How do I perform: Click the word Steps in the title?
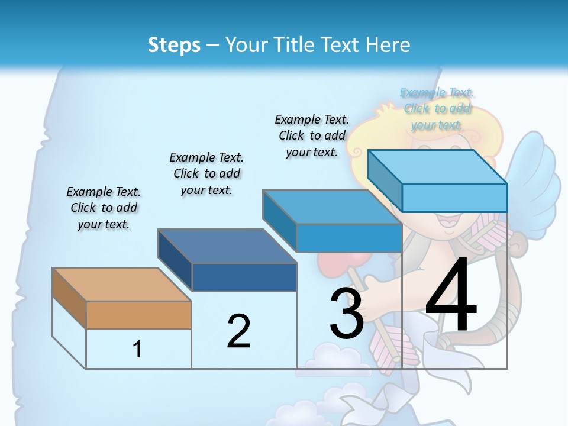tap(174, 45)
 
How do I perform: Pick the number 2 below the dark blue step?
tap(238, 331)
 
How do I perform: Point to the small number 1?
tap(137, 349)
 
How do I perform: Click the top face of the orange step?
tap(121, 285)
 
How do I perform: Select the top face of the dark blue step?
tap(227, 246)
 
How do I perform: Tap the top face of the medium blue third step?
tap(332, 207)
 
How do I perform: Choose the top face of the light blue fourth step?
tap(437, 167)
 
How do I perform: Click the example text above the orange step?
tap(104, 208)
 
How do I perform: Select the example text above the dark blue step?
tap(206, 173)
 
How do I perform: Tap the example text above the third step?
tap(312, 135)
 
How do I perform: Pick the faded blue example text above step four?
tap(437, 108)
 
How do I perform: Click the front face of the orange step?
tap(138, 315)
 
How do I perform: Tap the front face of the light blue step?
tap(454, 198)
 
